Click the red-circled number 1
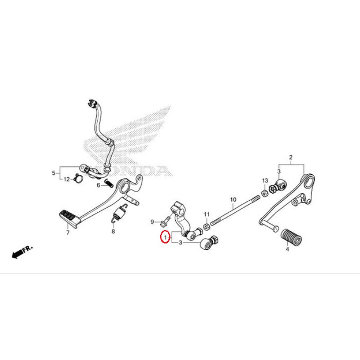[164, 238]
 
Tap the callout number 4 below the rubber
[287, 249]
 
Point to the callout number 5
[54, 173]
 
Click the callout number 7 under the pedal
[68, 232]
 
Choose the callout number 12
[66, 179]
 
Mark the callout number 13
[265, 180]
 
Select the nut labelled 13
[263, 193]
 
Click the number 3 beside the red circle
[180, 243]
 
